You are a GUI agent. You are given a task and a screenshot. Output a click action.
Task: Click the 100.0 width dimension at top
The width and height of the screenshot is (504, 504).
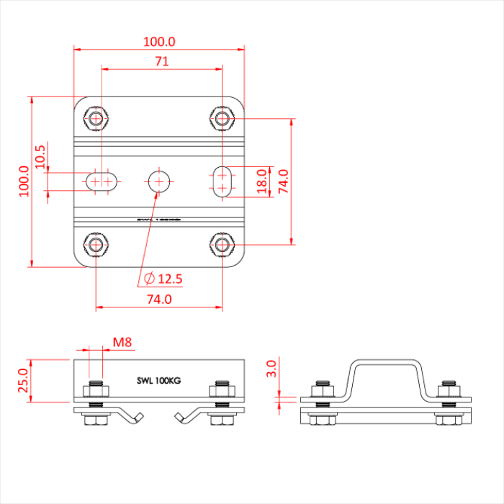point(159,42)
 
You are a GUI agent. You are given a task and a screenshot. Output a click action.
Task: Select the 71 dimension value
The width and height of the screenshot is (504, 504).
point(161,62)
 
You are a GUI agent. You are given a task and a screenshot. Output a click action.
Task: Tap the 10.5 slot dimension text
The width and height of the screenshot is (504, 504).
point(40,157)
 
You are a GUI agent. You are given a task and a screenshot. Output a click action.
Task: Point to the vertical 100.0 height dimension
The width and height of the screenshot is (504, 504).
point(23,180)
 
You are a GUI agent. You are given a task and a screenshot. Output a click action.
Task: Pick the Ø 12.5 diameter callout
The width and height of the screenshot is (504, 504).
point(163,279)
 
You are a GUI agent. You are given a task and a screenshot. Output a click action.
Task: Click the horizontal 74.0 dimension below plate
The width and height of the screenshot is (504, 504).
point(158,299)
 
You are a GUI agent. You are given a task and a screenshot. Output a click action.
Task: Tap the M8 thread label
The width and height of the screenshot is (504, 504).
point(122,343)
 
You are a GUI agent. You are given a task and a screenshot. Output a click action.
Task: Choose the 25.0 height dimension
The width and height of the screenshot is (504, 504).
point(23,380)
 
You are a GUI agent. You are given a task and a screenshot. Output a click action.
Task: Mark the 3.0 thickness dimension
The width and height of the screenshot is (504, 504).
point(271,369)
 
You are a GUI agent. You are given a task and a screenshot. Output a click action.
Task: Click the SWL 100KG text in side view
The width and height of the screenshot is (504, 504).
point(159,380)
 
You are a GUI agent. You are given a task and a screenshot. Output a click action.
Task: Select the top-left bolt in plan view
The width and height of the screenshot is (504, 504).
point(96,117)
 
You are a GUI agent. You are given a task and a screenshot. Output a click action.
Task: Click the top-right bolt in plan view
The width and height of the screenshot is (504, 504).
point(223,117)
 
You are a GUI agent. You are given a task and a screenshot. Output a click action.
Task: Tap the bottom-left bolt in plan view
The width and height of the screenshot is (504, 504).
point(96,244)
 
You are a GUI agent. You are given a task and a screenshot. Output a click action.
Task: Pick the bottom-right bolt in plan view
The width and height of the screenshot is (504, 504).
point(223,244)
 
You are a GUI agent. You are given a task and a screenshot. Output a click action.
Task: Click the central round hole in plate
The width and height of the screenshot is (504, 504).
point(159,180)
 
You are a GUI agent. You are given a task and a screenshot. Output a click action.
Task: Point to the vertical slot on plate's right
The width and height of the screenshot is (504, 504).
point(223,180)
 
